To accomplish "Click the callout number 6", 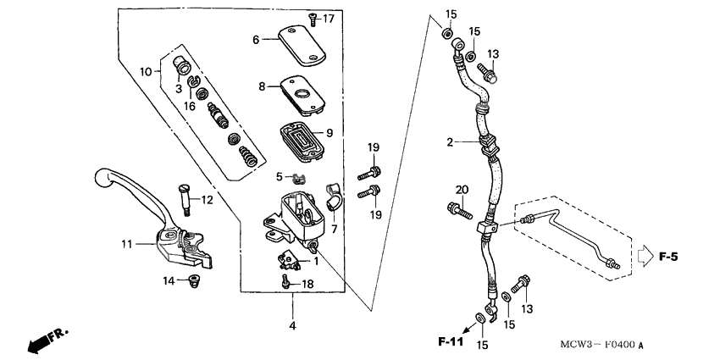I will (x=255, y=39).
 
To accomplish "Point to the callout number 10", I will (x=145, y=72).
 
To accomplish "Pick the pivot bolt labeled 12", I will (x=184, y=201).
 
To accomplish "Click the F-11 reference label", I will (x=452, y=342).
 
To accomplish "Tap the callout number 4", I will (x=293, y=326).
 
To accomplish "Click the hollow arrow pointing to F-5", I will (x=645, y=254).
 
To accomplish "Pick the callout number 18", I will (x=307, y=284).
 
